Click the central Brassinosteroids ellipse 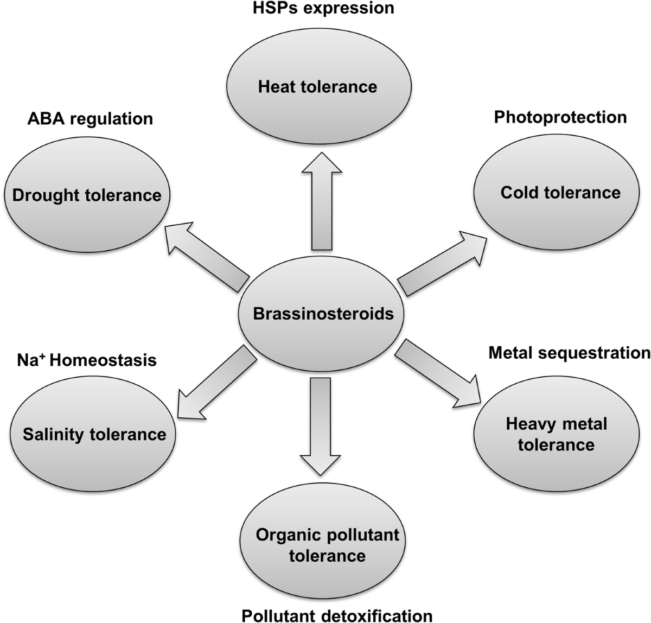[321, 314]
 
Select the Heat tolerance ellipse [319, 86]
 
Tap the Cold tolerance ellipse [556, 192]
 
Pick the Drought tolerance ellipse [87, 194]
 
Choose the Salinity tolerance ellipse [93, 434]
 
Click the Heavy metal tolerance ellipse [556, 434]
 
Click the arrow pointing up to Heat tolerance [322, 201]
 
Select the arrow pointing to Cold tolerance [442, 263]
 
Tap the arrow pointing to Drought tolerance [207, 257]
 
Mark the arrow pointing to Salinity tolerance [217, 382]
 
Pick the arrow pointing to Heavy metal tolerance [438, 373]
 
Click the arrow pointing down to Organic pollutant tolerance [320, 427]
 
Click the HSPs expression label [323, 8]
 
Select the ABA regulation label [90, 119]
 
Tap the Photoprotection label [560, 118]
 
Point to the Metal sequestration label [570, 353]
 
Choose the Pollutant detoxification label [337, 615]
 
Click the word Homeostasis [103, 360]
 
